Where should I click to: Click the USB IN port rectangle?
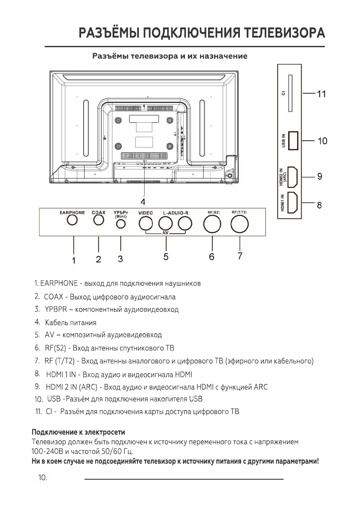coord(293,140)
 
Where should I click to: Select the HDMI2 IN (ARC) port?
coord(293,177)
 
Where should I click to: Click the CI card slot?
coord(290,93)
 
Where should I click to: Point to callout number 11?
coord(321,94)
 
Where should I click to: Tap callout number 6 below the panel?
coord(212,257)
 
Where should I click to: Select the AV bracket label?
coord(165,233)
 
